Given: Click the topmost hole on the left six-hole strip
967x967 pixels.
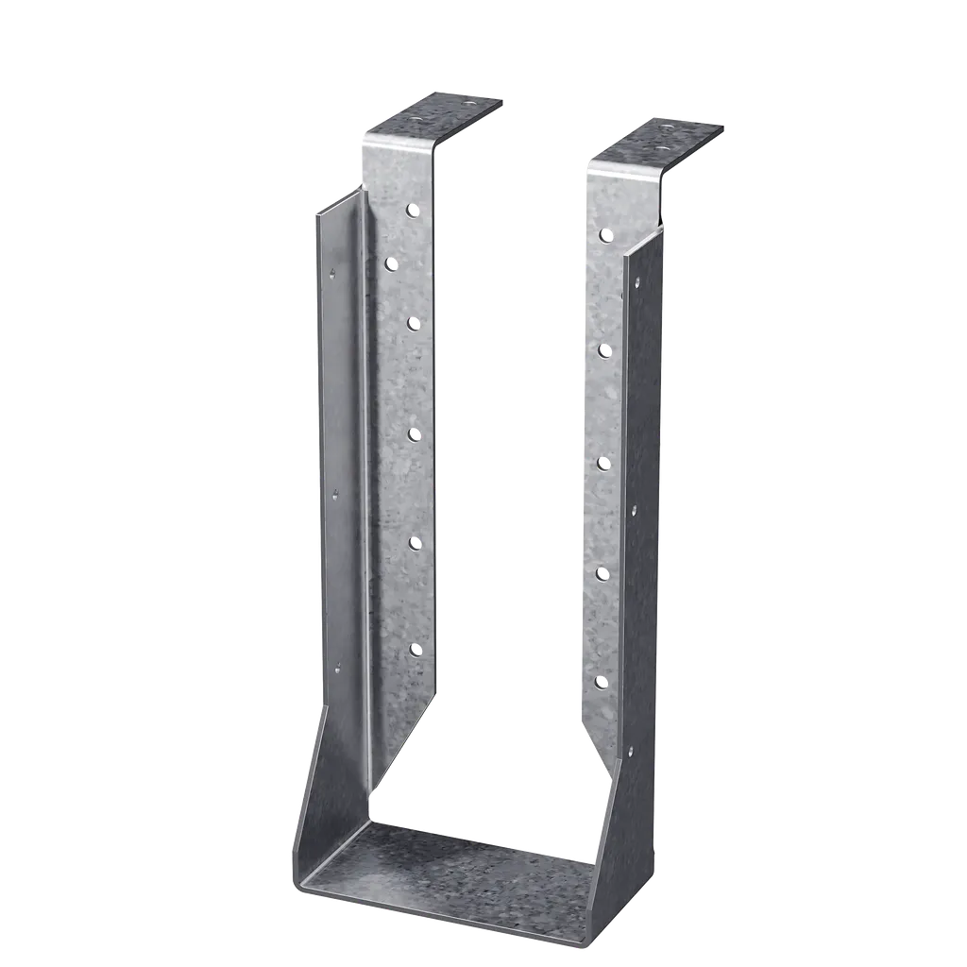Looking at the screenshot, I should point(412,211).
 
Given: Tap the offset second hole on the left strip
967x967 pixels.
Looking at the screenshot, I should point(390,265).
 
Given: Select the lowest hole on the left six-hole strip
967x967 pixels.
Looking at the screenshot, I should point(415,649).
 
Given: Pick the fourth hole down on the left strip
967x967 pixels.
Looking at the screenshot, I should point(414,433).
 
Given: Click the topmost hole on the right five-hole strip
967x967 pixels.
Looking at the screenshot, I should point(604,234).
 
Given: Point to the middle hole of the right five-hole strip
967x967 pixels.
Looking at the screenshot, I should point(604,462).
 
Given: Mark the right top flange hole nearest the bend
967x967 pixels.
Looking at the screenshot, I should point(660,149).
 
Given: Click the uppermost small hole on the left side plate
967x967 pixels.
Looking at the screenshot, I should point(331,275).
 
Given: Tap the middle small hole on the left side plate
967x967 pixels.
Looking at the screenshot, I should point(333,491).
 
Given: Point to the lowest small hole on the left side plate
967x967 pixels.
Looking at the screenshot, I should point(337,669).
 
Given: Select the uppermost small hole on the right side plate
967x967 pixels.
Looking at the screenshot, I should point(636,280).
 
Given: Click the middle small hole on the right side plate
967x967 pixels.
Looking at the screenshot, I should point(633,510).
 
